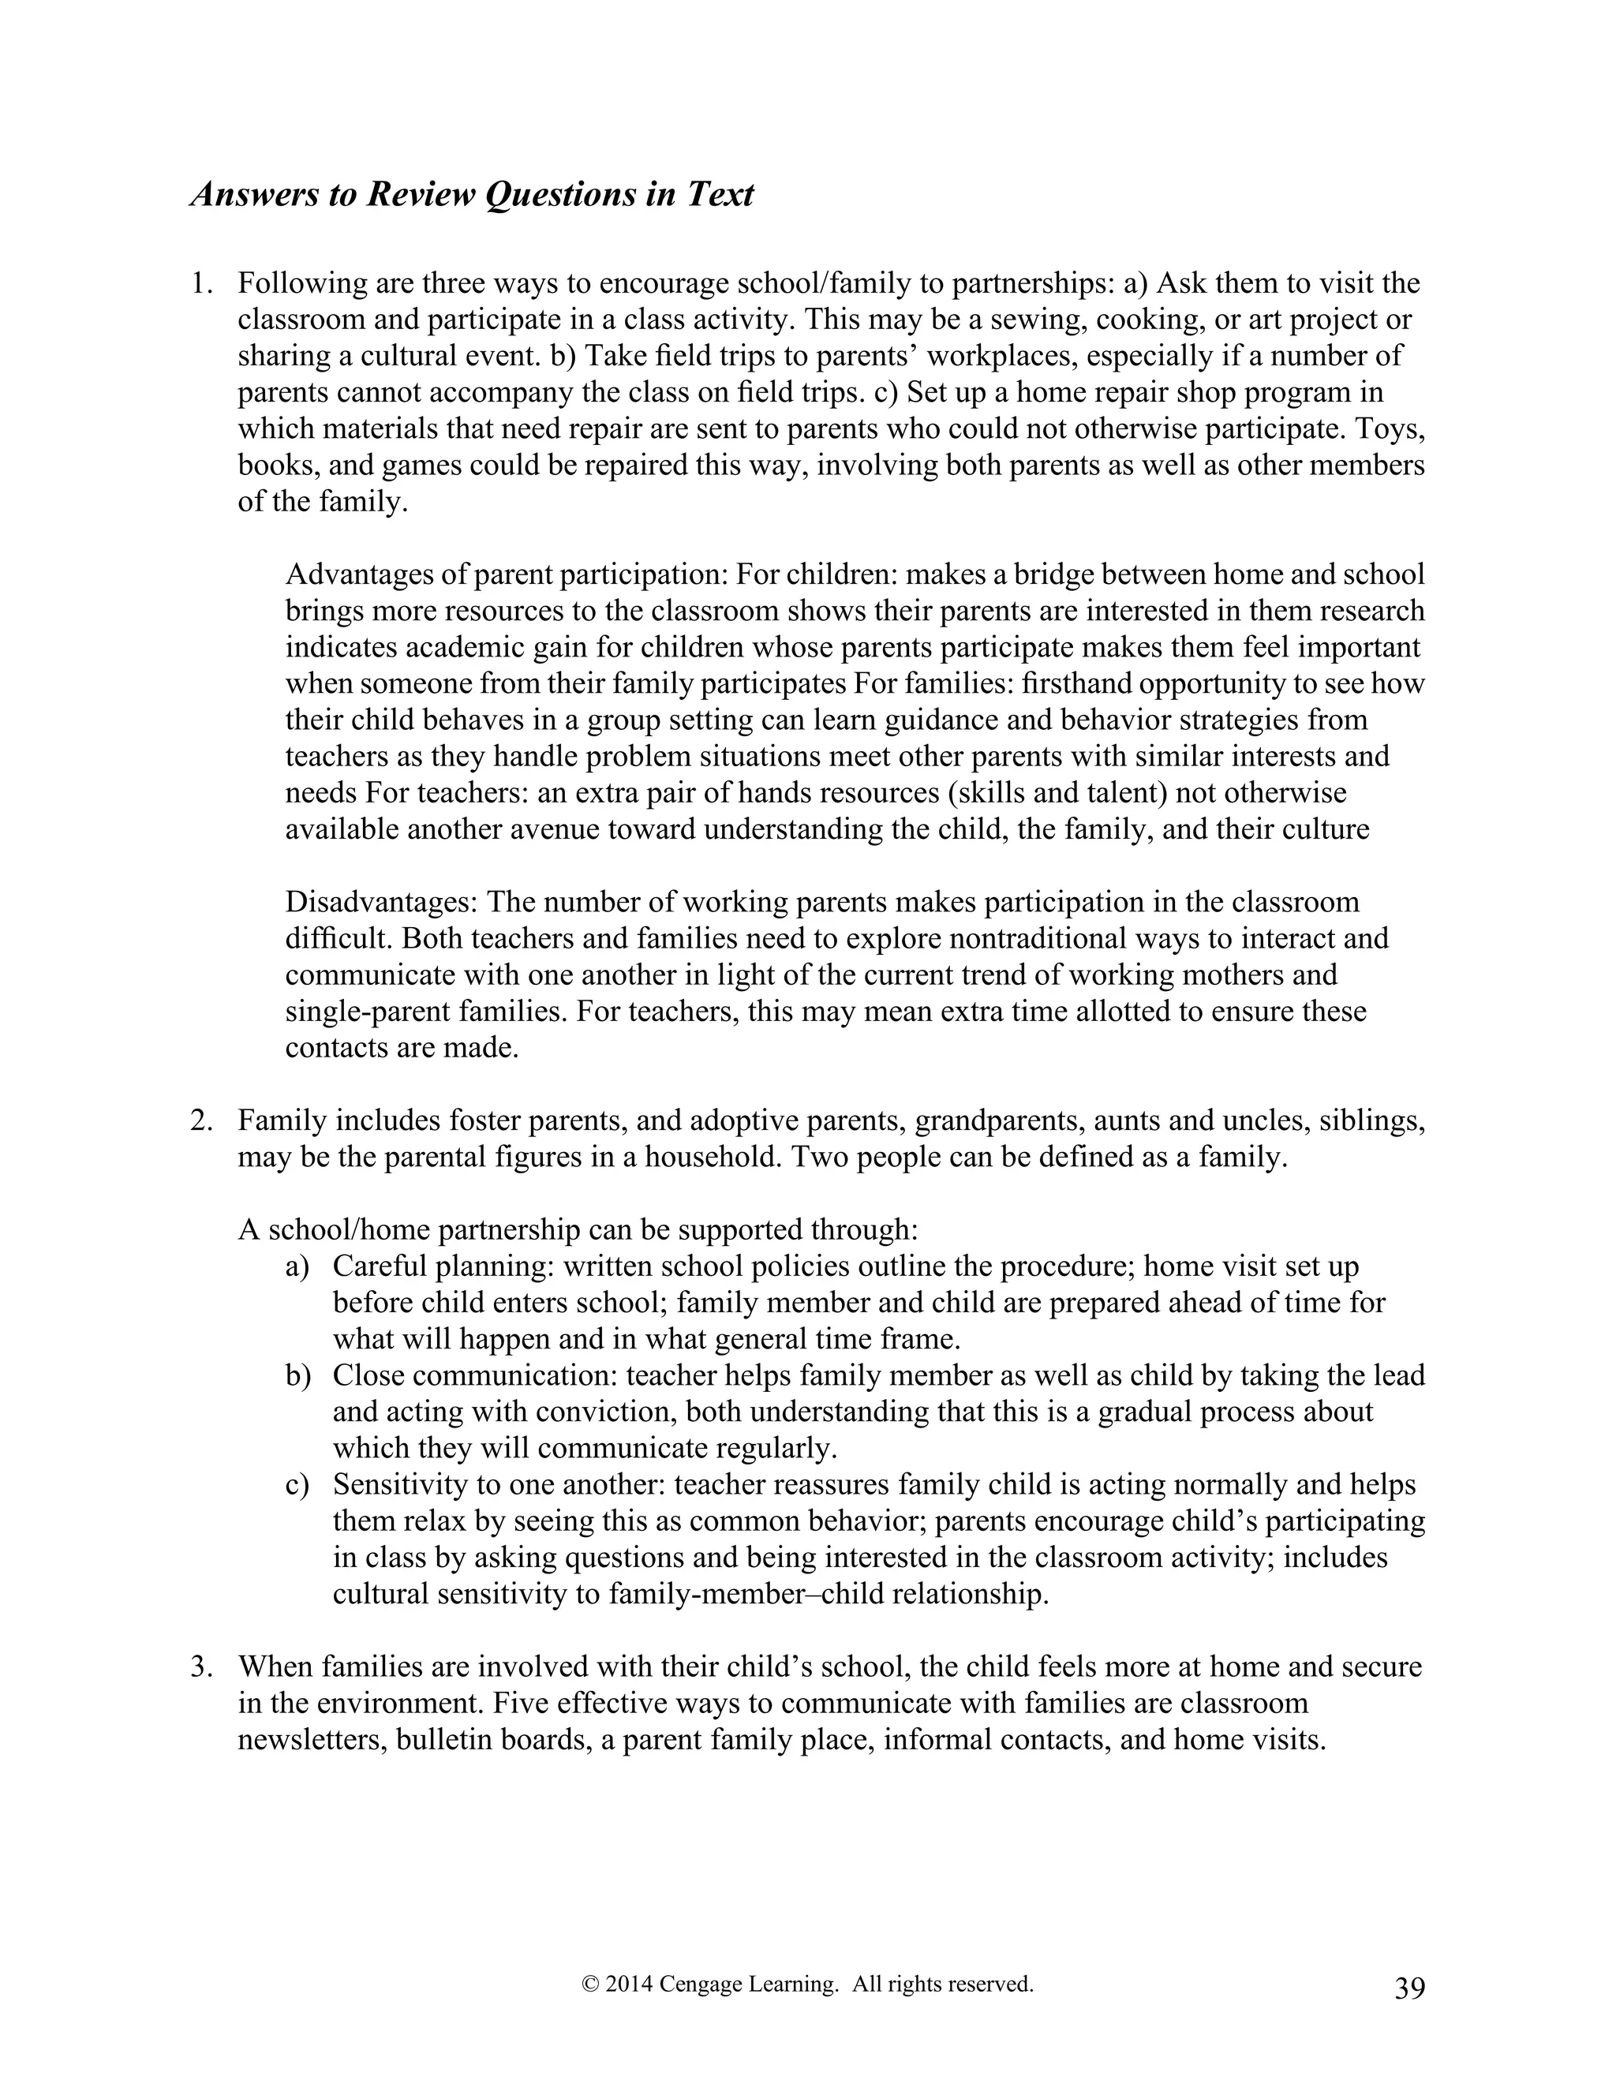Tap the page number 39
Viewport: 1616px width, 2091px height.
pos(1409,1988)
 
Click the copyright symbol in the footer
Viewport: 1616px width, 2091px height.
pos(589,1984)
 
